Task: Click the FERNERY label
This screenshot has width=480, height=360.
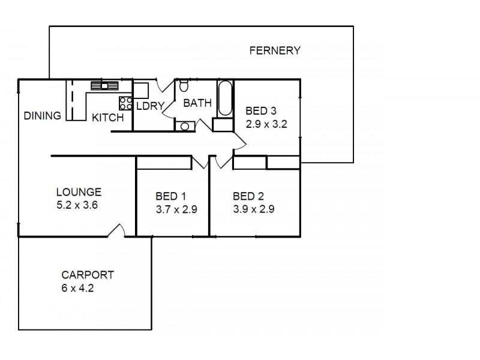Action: point(274,50)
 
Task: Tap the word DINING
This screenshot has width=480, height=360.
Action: point(43,116)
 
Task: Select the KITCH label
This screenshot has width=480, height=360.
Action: point(107,118)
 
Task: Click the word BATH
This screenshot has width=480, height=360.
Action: point(197,103)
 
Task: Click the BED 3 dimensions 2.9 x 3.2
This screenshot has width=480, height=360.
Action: point(267,125)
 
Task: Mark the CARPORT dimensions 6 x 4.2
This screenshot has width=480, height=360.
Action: point(77,288)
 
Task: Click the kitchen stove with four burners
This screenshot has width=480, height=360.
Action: point(125,102)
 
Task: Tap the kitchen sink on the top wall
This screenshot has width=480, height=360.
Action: point(104,85)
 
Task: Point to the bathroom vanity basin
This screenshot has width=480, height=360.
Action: point(184,125)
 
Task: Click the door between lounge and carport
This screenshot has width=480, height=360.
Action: point(117,232)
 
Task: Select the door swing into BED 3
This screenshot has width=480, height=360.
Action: point(239,142)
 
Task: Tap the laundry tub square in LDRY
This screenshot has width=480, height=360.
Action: point(140,90)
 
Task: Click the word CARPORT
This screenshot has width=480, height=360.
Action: point(88,275)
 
